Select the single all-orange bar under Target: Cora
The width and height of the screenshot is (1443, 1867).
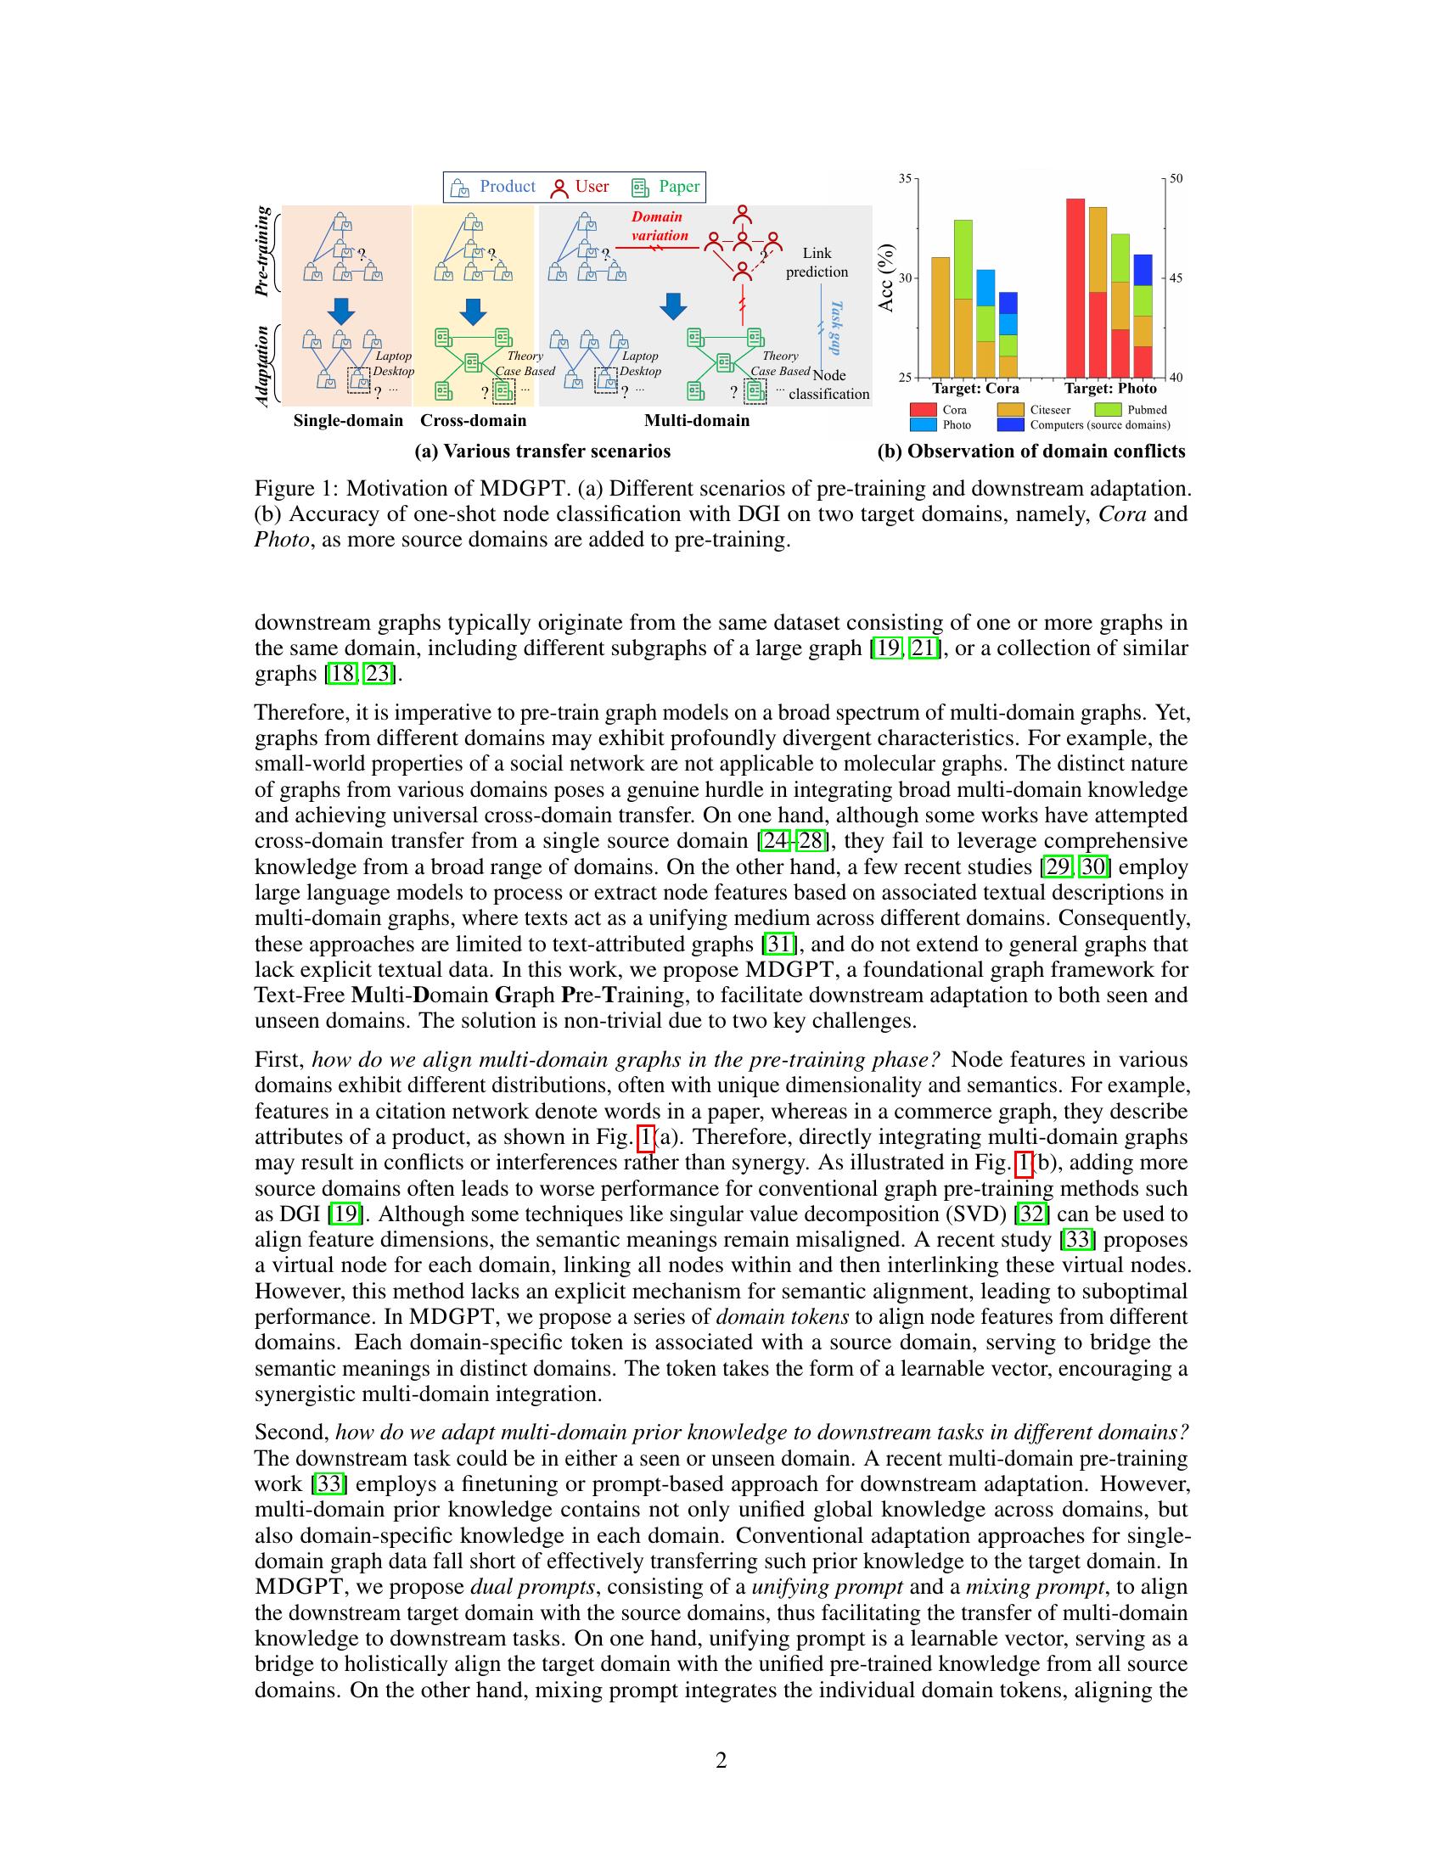[x=940, y=317]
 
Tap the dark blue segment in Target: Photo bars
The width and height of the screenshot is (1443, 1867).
[x=1142, y=269]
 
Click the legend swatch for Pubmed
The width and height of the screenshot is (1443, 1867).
[x=1107, y=410]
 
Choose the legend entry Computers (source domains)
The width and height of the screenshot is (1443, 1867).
[x=1099, y=425]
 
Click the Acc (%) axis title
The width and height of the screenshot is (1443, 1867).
[x=886, y=278]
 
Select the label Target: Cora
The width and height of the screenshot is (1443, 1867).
[x=975, y=389]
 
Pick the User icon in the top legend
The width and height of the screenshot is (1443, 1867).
[x=560, y=188]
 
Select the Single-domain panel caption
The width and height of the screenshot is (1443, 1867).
[x=348, y=421]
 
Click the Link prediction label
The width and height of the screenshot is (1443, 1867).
[x=817, y=262]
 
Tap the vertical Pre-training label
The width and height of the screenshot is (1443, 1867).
[x=263, y=251]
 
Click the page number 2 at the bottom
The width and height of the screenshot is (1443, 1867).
[x=721, y=1760]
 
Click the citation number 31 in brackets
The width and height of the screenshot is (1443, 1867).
[x=778, y=945]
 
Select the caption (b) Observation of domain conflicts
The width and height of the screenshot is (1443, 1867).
[x=1031, y=451]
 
